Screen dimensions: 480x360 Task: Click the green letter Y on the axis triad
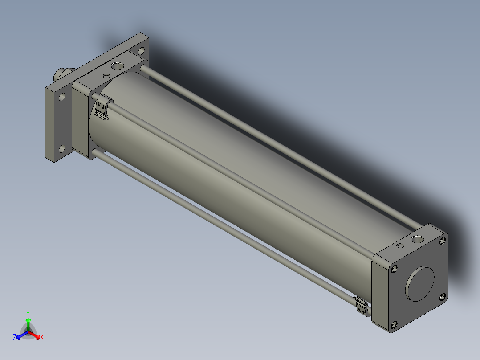pyautogui.click(x=28, y=313)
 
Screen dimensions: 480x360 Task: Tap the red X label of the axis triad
pyautogui.click(x=42, y=337)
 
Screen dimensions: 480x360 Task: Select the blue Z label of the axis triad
pyautogui.click(x=15, y=337)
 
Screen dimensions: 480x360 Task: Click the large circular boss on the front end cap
pyautogui.click(x=420, y=284)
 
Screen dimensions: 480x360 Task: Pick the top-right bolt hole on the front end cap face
pyautogui.click(x=442, y=241)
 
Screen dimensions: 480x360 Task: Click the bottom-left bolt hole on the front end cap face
pyautogui.click(x=394, y=324)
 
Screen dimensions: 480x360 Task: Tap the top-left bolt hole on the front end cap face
pyautogui.click(x=394, y=269)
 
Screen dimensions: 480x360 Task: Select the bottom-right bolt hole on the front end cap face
pyautogui.click(x=443, y=297)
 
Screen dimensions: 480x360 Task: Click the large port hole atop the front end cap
pyautogui.click(x=417, y=239)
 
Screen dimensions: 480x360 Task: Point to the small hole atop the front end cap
pyautogui.click(x=400, y=245)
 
